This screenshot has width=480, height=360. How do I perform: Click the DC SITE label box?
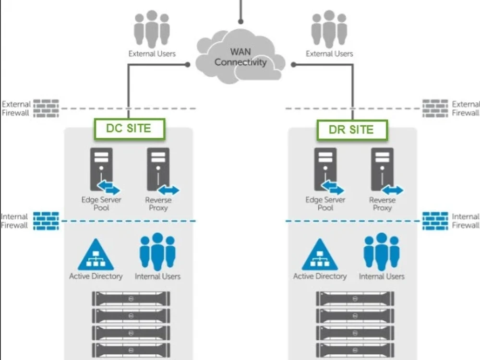point(128,129)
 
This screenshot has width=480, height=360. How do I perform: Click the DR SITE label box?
point(352,130)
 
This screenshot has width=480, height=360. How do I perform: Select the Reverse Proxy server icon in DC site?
point(159,170)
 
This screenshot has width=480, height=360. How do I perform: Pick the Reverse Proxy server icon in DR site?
point(383,170)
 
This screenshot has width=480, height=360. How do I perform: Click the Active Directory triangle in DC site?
point(96,255)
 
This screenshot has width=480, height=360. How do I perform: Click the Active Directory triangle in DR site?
point(320,255)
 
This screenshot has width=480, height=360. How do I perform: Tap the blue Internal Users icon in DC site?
point(157,252)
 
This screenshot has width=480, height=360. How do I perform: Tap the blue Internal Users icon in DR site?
point(382,252)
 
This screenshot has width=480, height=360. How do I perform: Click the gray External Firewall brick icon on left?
point(46,108)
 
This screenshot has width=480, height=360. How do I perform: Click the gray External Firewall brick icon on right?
point(435,108)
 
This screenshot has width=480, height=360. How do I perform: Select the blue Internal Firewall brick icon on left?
point(46,221)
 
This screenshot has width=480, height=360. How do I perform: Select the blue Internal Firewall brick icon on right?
point(435,221)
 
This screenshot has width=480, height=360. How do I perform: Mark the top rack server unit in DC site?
point(131,299)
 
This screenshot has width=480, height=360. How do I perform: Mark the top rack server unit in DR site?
point(355,299)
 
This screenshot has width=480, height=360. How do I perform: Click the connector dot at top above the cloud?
point(240,21)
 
